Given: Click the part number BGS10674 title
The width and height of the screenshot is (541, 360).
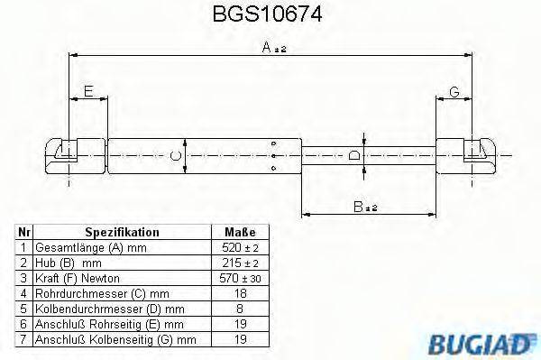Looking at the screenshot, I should point(268,15).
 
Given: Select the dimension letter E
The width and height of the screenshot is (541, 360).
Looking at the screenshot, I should point(87,90).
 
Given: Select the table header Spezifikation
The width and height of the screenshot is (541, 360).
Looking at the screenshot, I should point(122,232).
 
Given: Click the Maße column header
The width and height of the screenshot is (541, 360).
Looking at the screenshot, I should point(240,232).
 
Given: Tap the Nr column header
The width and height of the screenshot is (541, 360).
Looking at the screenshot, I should point(24,232).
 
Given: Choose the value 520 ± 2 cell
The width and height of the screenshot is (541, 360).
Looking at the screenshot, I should point(240,247).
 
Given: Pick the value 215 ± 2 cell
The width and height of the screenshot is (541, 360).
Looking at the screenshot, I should point(240,263).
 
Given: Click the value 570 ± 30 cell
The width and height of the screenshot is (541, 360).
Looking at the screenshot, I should point(240,278).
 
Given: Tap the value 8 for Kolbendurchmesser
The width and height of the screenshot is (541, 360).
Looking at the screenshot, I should point(240,309).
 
